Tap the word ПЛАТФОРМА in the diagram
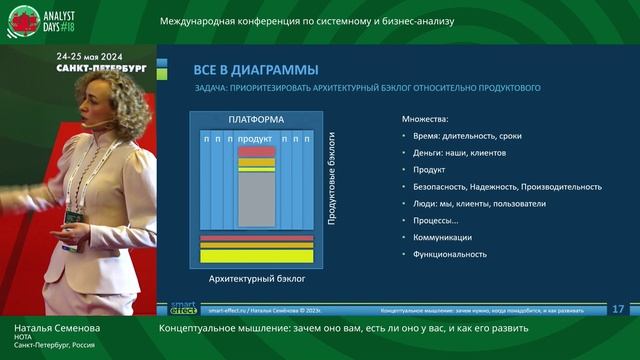click(x=256, y=120)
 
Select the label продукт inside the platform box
click(x=256, y=139)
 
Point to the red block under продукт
click(x=256, y=151)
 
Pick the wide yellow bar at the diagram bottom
click(x=256, y=257)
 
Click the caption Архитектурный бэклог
click(x=256, y=282)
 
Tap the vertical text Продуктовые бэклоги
click(x=332, y=176)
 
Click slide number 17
click(x=617, y=308)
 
